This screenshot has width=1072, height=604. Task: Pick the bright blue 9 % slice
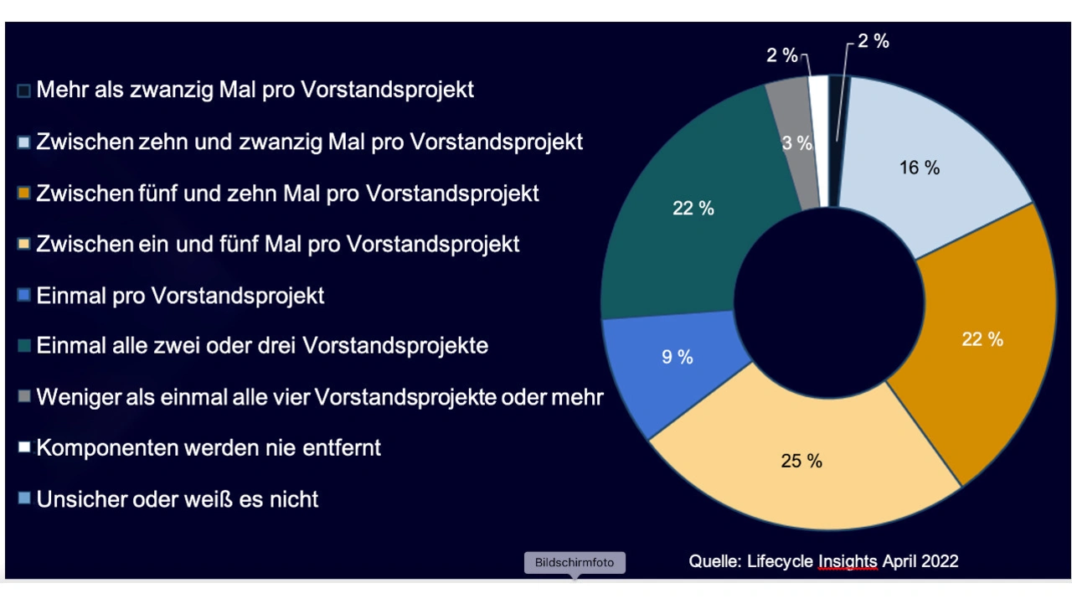pos(662,369)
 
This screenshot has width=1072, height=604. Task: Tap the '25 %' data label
pos(801,461)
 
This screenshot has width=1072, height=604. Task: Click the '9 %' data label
pos(677,357)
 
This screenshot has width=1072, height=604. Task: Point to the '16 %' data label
pos(920,168)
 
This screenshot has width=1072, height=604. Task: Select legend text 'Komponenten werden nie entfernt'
pos(209,448)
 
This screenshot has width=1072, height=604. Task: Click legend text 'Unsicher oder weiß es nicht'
pos(178,500)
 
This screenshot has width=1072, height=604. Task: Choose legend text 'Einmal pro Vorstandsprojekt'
pos(180,296)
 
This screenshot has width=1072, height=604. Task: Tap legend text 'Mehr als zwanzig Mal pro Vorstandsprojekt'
pos(255,90)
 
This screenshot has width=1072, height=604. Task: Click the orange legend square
pos(23,194)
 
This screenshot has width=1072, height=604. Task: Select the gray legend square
pos(23,396)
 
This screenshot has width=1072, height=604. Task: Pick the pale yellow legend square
pos(23,245)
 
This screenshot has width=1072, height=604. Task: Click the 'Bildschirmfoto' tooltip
pos(575,562)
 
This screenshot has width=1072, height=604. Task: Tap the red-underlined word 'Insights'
pos(848,561)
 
